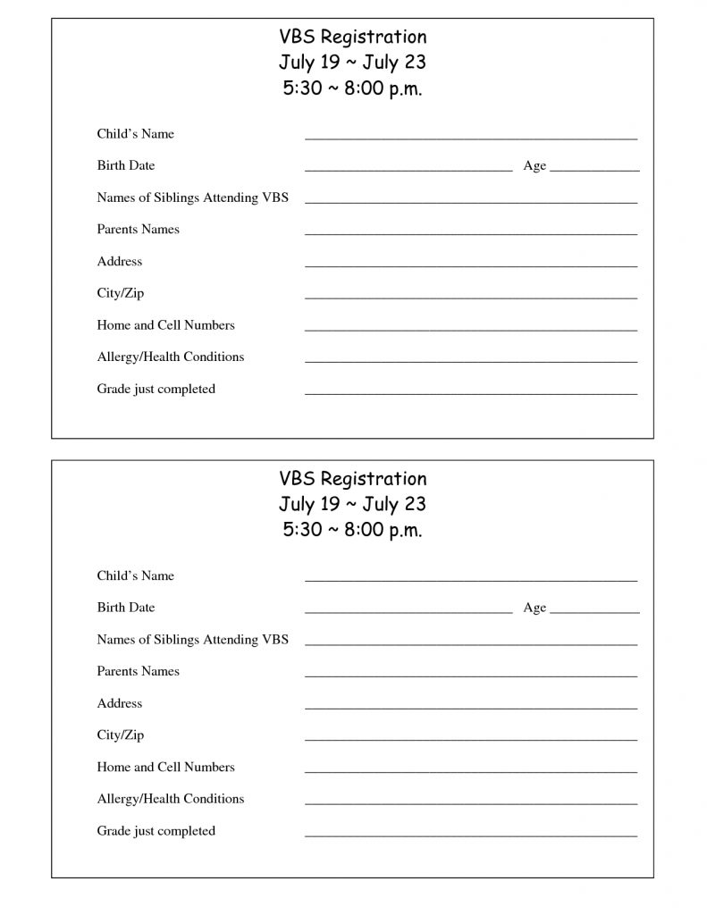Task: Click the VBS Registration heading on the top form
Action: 352,38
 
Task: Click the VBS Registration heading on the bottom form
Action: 352,479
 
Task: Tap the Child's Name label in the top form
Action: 135,134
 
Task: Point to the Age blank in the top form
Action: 594,169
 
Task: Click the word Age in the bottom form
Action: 534,608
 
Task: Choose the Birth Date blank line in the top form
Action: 408,169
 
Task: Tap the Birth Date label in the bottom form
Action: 126,608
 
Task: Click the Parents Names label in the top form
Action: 138,230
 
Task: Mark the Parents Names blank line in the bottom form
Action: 470,676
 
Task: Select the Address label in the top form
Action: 119,262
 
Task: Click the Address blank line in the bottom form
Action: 470,708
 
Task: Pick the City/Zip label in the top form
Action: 120,293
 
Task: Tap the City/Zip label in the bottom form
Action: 120,735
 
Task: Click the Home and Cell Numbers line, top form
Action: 470,329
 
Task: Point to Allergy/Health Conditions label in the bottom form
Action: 170,799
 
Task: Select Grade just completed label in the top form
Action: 156,389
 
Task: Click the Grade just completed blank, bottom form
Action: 470,835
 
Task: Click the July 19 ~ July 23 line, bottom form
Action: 352,504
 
